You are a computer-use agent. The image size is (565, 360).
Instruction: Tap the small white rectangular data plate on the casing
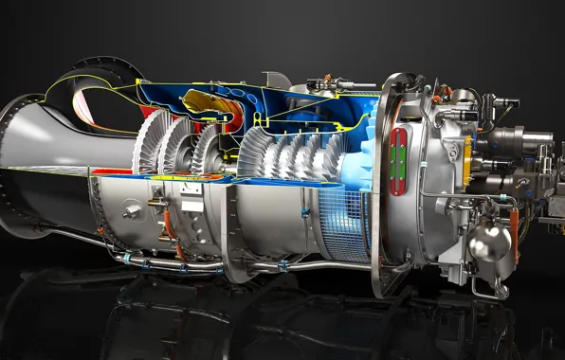pyautogui.click(x=190, y=203)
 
